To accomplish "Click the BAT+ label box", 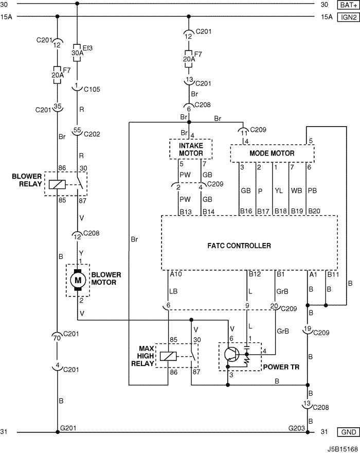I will click(348, 5).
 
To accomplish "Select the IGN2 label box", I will click(348, 16).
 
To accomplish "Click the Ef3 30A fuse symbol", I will click(77, 52).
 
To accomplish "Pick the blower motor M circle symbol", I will click(78, 280).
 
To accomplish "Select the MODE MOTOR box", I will click(272, 153).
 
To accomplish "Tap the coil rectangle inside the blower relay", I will click(55, 184).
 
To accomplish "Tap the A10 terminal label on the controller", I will click(176, 274).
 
